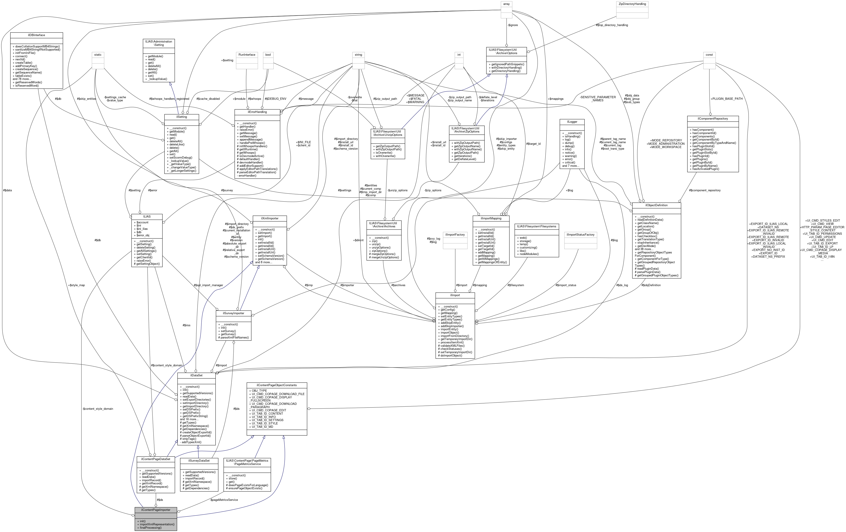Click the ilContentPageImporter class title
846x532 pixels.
click(x=156, y=510)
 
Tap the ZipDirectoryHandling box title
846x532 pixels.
click(x=632, y=4)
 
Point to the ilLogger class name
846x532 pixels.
click(x=572, y=122)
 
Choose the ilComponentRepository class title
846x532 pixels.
click(x=713, y=118)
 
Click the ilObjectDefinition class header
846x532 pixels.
click(x=656, y=205)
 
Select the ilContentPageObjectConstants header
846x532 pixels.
click(x=277, y=385)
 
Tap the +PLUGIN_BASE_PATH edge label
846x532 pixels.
click(x=727, y=99)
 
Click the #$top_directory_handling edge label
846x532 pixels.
click(x=612, y=25)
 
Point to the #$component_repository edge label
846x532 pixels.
click(x=704, y=190)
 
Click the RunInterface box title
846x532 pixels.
click(x=247, y=55)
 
